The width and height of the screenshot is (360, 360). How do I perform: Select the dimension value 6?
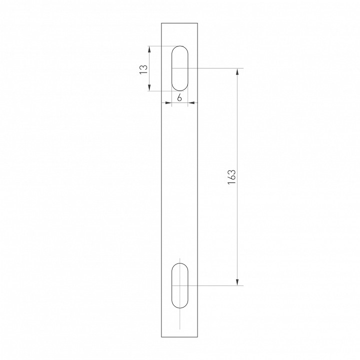[179, 97]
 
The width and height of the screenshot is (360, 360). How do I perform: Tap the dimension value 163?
[231, 176]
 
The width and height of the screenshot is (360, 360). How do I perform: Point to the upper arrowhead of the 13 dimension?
[149, 48]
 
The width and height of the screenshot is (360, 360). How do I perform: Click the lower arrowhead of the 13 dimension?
[149, 88]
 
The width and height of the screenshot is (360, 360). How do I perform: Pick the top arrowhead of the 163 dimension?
[237, 70]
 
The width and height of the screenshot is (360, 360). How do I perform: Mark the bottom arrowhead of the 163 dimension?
[237, 282]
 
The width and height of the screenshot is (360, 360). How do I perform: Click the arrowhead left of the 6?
[169, 103]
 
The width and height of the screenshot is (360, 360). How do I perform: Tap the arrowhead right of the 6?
[190, 103]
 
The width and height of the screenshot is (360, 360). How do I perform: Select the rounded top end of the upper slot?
[180, 46]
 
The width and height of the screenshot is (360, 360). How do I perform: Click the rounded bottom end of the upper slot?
[180, 90]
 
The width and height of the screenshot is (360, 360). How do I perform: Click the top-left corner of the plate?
[161, 23]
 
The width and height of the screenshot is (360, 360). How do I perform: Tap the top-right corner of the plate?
[198, 23]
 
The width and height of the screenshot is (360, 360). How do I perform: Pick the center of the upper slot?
[180, 68]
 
